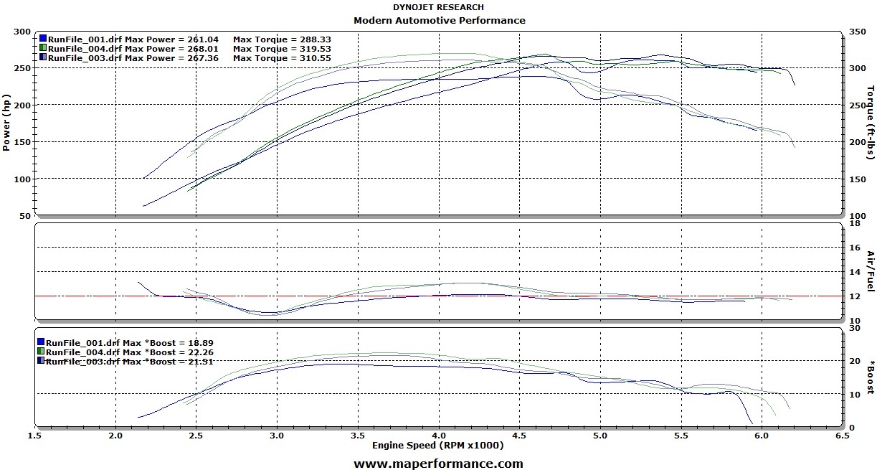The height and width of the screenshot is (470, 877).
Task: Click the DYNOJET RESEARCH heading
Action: tap(438, 7)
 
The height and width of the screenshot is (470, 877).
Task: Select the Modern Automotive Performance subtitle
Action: tap(439, 20)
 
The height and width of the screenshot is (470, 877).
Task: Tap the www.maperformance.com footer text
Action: tap(438, 464)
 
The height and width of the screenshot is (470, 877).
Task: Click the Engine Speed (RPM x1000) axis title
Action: tap(437, 446)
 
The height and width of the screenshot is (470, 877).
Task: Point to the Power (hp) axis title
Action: tap(6, 123)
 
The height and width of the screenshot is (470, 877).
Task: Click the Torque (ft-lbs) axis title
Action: tap(871, 123)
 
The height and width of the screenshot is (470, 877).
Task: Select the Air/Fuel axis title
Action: tap(871, 271)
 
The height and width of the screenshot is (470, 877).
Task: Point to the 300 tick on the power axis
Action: tap(23, 32)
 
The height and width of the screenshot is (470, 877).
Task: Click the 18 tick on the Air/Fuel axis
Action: tap(853, 223)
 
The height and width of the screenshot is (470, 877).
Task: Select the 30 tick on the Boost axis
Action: tap(853, 327)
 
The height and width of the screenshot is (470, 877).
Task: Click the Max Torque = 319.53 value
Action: tap(279, 48)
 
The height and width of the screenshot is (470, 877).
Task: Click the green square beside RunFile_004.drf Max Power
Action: tap(43, 48)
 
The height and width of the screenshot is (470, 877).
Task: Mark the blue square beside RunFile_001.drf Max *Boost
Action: tap(41, 343)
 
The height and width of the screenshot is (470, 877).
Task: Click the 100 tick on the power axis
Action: tap(23, 179)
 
